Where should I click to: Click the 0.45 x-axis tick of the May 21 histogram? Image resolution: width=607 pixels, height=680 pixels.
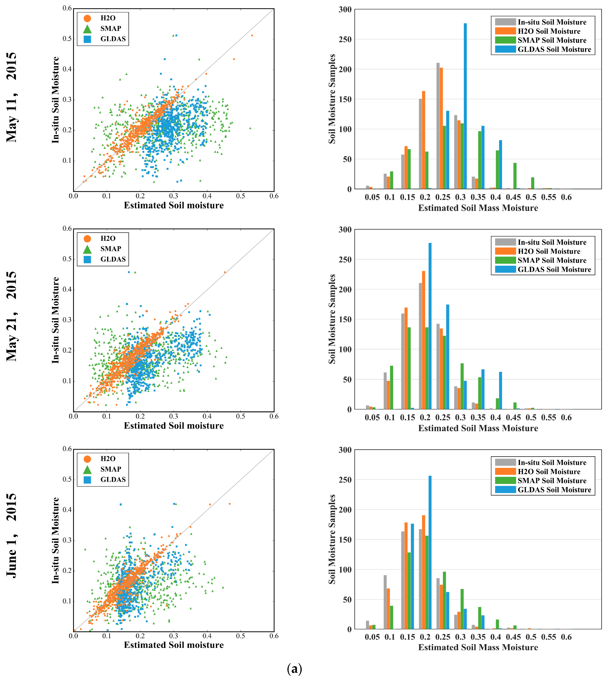point(513,418)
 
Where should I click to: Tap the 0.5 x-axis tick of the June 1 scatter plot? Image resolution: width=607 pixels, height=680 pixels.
point(241,636)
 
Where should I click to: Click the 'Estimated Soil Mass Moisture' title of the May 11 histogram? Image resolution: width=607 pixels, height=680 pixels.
point(478,208)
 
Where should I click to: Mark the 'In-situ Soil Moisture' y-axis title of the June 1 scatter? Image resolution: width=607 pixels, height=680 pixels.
point(55,540)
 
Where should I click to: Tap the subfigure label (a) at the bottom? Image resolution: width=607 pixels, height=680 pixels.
point(294,669)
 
